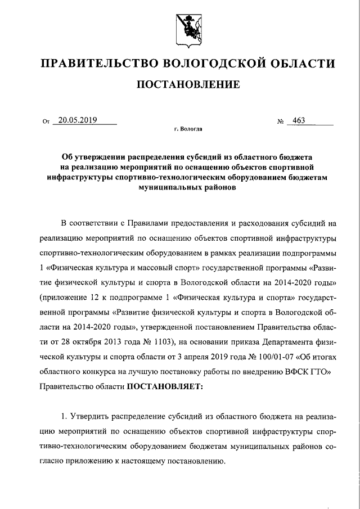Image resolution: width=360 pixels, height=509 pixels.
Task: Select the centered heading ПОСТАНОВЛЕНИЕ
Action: (x=180, y=85)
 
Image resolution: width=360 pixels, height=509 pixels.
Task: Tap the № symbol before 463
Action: (x=279, y=121)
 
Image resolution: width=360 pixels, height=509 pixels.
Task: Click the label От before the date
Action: (x=46, y=121)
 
